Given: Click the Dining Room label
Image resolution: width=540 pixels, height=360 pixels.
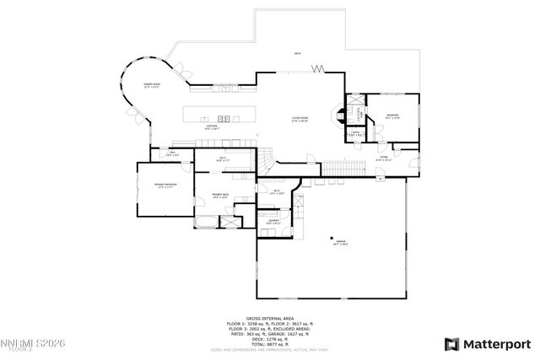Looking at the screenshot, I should [x=152, y=86].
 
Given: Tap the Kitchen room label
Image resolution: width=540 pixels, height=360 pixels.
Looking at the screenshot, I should [x=213, y=127].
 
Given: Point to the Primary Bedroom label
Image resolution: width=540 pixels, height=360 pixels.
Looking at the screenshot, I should [x=165, y=185].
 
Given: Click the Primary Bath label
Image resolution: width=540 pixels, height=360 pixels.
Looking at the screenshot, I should [x=220, y=195].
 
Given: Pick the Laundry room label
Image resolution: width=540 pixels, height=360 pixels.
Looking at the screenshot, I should [x=273, y=222].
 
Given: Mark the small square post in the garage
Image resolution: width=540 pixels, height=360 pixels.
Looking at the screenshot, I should [x=332, y=237].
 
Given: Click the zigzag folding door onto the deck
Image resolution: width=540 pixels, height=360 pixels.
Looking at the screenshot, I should [x=318, y=68].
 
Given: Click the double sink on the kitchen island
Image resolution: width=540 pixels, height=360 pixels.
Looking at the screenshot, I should [x=224, y=117].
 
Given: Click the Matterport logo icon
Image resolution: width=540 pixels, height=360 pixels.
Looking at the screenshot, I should [x=451, y=344].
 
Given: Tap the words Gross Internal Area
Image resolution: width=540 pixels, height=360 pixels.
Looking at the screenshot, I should [x=270, y=319].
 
